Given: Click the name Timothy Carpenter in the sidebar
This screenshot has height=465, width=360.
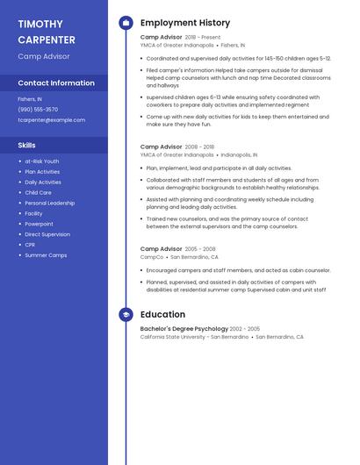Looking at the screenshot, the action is pyautogui.click(x=47, y=32).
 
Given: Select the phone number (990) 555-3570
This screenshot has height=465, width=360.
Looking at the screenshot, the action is pyautogui.click(x=38, y=110).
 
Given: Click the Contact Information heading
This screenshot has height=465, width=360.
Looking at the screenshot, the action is pyautogui.click(x=56, y=83).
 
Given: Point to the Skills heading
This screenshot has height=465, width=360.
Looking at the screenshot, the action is pyautogui.click(x=26, y=145).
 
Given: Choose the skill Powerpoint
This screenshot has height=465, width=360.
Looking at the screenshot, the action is pyautogui.click(x=39, y=224).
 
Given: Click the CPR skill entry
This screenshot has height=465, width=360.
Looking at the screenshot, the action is pyautogui.click(x=30, y=245).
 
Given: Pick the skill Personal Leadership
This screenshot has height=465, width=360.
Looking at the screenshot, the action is pyautogui.click(x=49, y=203).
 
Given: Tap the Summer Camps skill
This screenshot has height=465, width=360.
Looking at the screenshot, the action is pyautogui.click(x=46, y=255).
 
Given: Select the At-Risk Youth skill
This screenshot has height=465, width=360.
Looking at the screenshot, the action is pyautogui.click(x=42, y=161).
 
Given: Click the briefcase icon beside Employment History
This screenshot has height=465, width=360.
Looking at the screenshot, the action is pyautogui.click(x=126, y=23).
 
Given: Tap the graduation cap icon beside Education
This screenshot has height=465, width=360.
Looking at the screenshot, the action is pyautogui.click(x=126, y=314).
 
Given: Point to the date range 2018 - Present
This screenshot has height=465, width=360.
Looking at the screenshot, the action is pyautogui.click(x=203, y=38).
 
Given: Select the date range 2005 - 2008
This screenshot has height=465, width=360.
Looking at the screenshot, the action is pyautogui.click(x=200, y=249).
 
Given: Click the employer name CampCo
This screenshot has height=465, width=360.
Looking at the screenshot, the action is pyautogui.click(x=152, y=257).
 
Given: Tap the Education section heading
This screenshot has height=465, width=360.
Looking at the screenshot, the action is pyautogui.click(x=162, y=314).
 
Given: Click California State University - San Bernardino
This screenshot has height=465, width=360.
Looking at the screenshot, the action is pyautogui.click(x=194, y=337).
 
